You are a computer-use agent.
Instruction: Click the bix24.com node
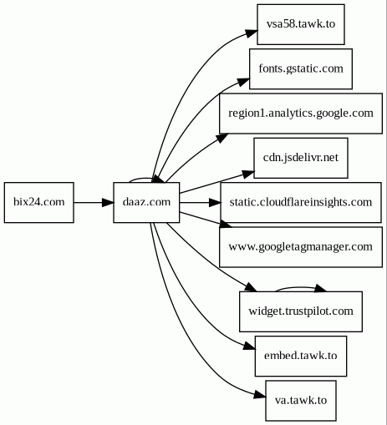click(x=39, y=202)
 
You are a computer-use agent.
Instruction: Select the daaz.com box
click(x=146, y=202)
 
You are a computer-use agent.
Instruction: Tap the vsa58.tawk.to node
click(x=301, y=24)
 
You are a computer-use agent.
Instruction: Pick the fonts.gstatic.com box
click(x=301, y=68)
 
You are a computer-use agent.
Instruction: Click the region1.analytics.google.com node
click(x=301, y=114)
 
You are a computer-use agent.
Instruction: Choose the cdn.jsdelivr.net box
click(x=301, y=158)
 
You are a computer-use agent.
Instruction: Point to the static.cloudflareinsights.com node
click(x=301, y=202)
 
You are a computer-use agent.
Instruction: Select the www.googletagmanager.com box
click(x=301, y=247)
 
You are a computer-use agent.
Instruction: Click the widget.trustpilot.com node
click(x=301, y=311)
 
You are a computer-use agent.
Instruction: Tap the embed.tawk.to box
click(x=301, y=356)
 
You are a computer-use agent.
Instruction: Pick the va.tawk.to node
click(x=301, y=401)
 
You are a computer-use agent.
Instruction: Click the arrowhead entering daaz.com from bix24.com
click(x=108, y=202)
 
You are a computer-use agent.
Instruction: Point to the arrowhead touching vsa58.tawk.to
click(x=252, y=33)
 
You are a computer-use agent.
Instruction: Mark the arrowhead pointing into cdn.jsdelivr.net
click(x=248, y=174)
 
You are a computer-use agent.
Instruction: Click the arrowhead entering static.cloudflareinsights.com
click(x=215, y=202)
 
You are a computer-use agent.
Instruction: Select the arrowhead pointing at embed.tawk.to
click(x=249, y=346)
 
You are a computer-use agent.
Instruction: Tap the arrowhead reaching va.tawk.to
click(x=260, y=394)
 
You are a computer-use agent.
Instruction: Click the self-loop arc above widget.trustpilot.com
click(x=299, y=287)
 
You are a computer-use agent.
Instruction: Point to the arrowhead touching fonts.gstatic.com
click(x=244, y=82)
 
